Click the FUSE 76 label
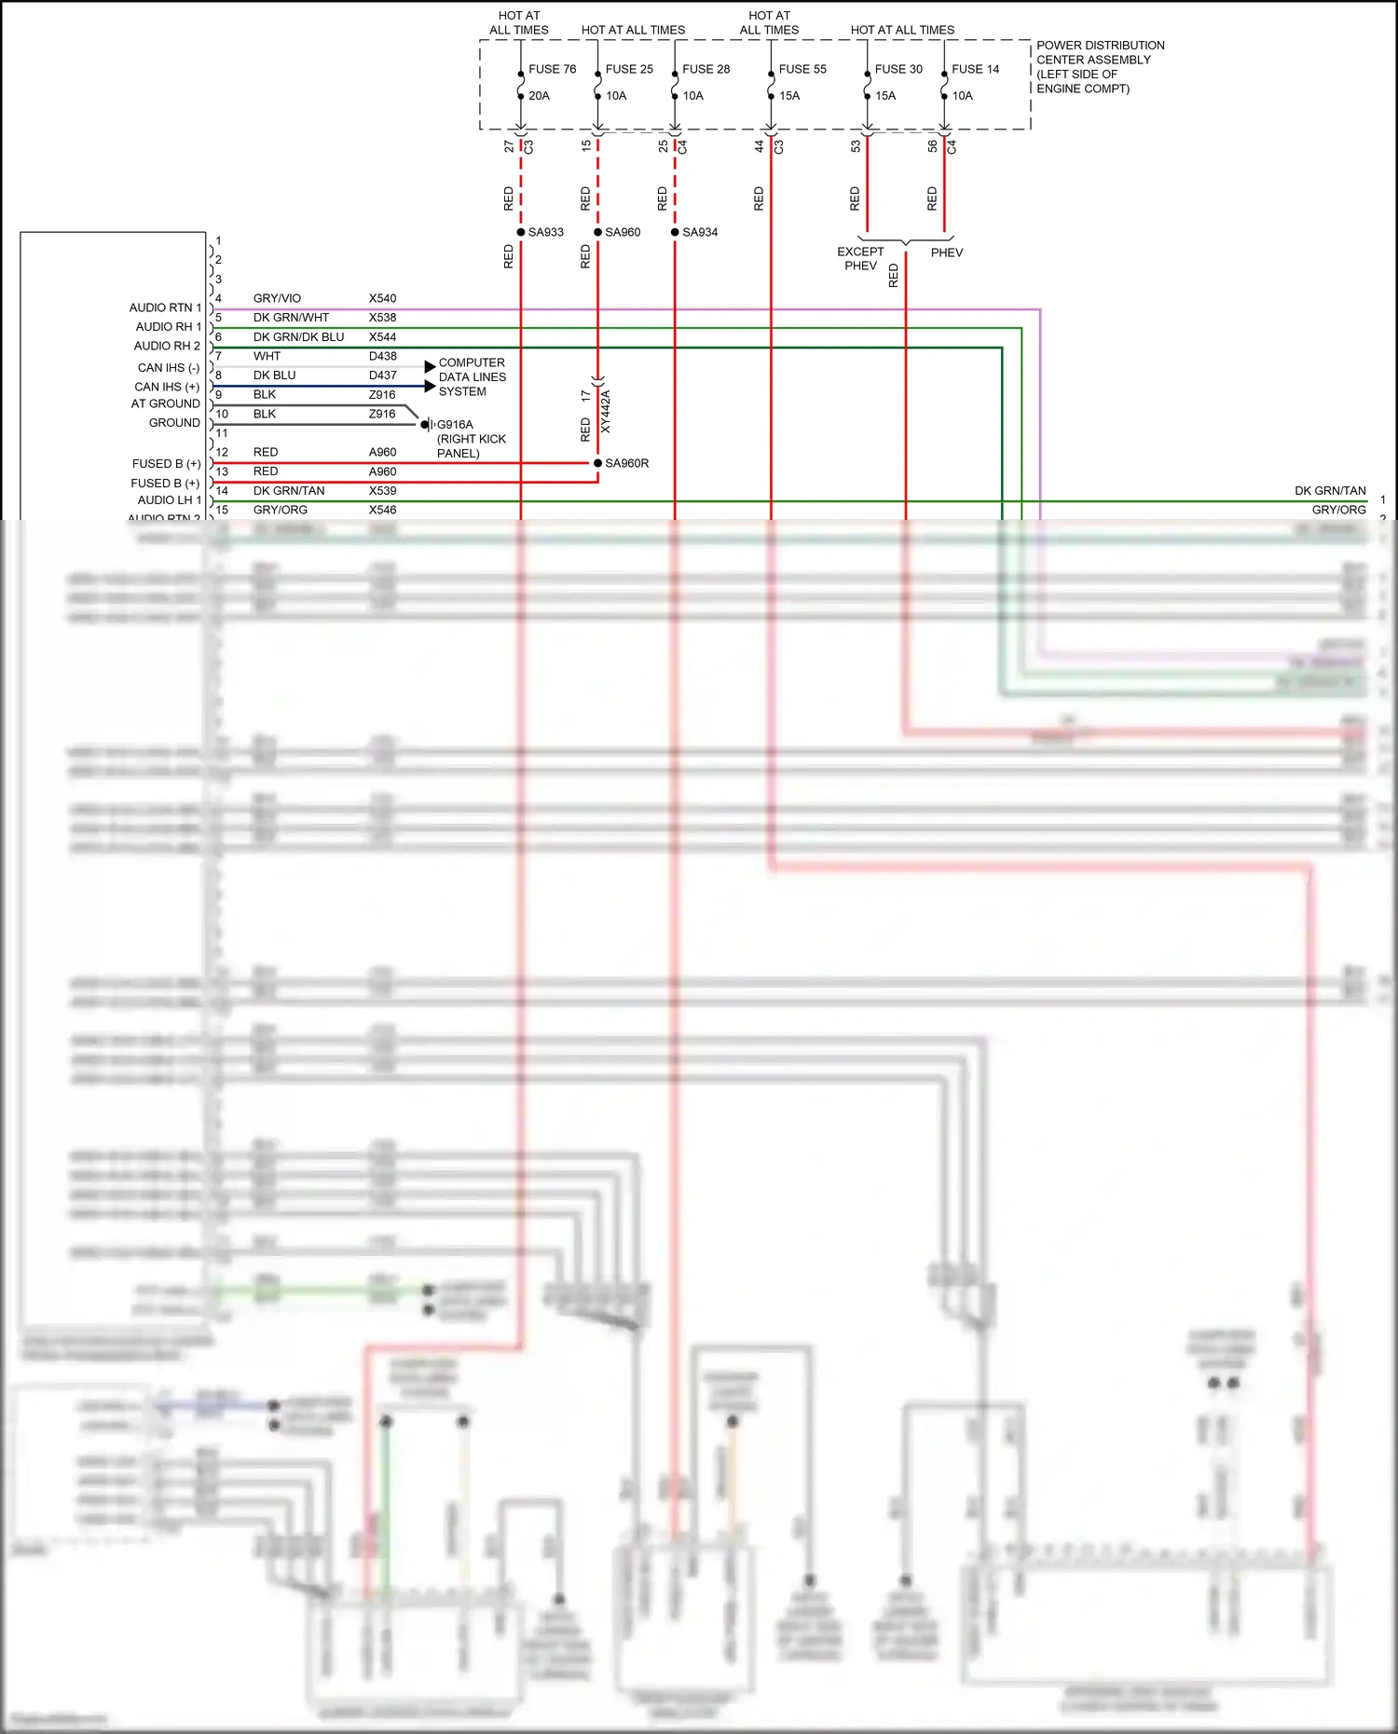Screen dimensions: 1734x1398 (552, 69)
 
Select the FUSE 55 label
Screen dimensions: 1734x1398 (802, 69)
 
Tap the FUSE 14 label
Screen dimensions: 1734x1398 (975, 69)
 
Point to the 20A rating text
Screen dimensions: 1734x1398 (539, 96)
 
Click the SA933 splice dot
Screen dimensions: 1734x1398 (521, 232)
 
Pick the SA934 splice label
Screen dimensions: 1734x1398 (700, 232)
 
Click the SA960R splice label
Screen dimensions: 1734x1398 (626, 463)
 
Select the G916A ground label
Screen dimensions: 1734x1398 (455, 425)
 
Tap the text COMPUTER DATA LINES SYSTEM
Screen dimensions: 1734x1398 (472, 377)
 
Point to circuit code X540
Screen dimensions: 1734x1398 (382, 298)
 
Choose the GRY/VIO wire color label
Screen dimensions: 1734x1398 (277, 298)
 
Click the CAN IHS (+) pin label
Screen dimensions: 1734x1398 (167, 387)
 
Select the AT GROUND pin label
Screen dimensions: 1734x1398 (165, 403)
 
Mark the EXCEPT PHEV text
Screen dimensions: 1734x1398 (860, 258)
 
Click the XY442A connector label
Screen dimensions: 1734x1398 (606, 411)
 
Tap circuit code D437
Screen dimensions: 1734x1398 (382, 375)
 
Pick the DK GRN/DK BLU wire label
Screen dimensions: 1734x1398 (298, 337)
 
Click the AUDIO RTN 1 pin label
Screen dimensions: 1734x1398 (165, 307)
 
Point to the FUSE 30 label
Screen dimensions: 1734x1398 (898, 69)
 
